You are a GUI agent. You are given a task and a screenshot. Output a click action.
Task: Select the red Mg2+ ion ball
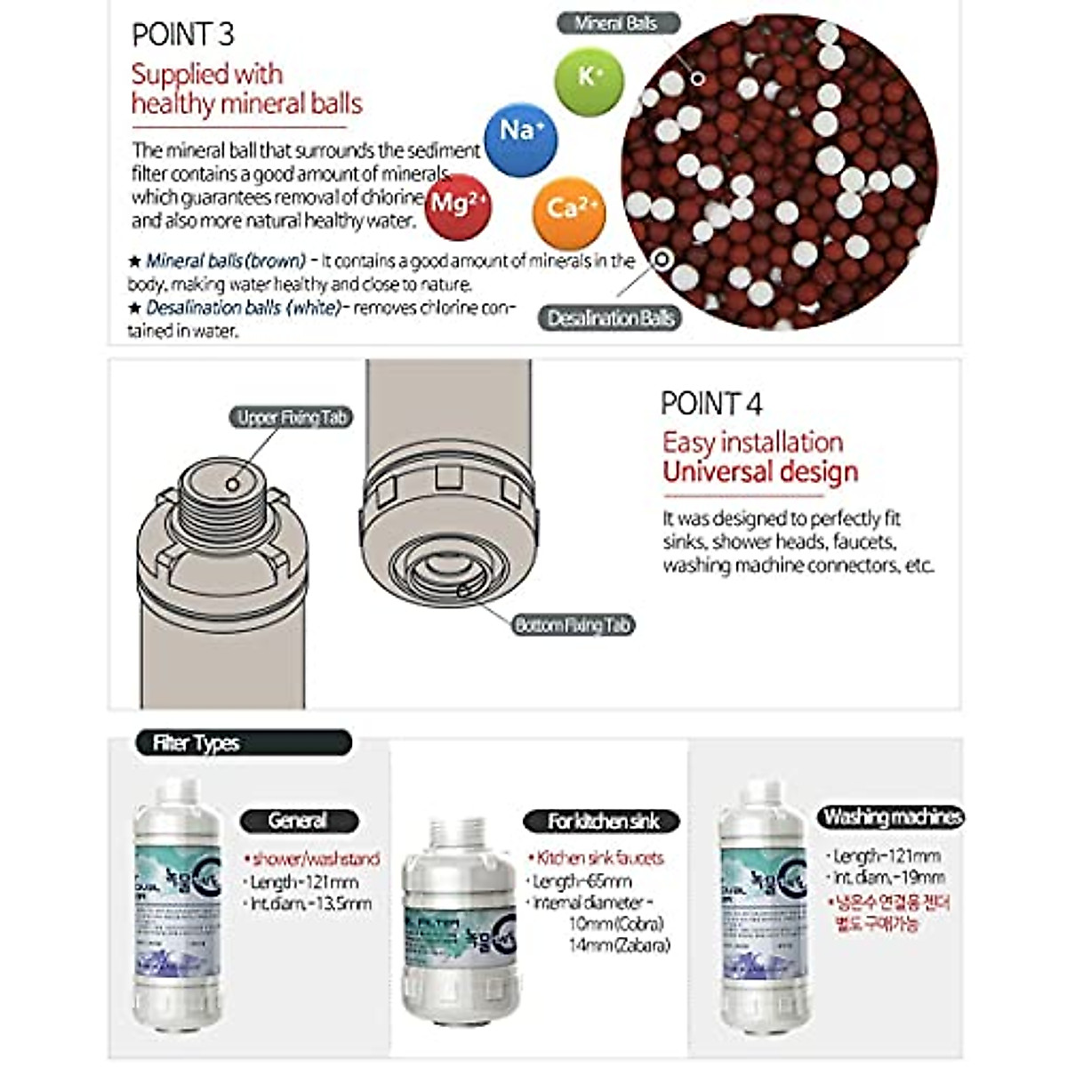(457, 206)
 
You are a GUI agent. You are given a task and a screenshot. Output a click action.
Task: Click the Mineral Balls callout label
(618, 24)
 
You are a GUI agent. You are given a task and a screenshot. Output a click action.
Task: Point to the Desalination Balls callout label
(610, 318)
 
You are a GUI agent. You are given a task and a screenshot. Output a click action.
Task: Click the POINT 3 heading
(182, 35)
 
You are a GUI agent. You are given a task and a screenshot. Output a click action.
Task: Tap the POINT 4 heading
(710, 404)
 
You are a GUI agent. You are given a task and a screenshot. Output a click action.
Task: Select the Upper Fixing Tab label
(291, 417)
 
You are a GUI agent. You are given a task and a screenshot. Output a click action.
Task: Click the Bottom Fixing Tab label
(573, 625)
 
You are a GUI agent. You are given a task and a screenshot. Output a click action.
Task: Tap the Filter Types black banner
(243, 743)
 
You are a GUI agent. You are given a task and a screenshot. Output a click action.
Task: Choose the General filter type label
(299, 821)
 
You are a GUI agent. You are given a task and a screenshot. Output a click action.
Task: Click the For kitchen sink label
(602, 821)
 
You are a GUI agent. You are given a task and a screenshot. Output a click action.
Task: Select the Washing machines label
(891, 816)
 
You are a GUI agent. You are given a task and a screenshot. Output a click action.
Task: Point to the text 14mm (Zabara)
(619, 945)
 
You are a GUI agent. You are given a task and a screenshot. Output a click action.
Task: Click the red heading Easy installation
(752, 442)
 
